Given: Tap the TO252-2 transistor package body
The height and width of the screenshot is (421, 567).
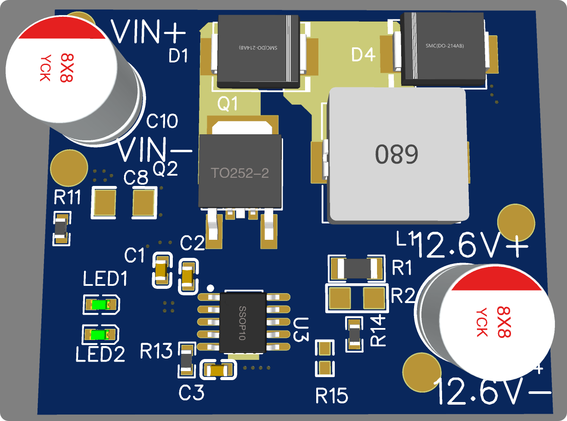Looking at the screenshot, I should tap(240, 171).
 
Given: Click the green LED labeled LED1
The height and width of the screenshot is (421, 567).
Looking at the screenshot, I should tap(100, 304).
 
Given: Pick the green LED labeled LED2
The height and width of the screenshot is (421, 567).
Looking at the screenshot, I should tap(100, 335).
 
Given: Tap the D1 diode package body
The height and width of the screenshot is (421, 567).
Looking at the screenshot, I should tap(259, 51).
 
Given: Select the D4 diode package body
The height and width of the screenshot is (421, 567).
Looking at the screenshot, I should tap(442, 48).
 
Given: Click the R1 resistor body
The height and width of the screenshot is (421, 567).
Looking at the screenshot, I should tap(356, 269).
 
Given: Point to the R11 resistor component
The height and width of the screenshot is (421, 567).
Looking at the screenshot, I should tap(61, 229).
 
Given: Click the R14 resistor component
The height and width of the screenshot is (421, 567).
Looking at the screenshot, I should tap(354, 334).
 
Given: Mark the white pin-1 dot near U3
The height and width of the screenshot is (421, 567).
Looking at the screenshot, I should tap(210, 288).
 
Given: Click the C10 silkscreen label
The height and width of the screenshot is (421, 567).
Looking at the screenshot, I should tap(162, 121).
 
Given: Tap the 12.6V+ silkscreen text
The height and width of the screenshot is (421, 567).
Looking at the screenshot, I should tap(472, 246).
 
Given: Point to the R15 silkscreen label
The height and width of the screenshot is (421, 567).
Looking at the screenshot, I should tap(332, 396).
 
